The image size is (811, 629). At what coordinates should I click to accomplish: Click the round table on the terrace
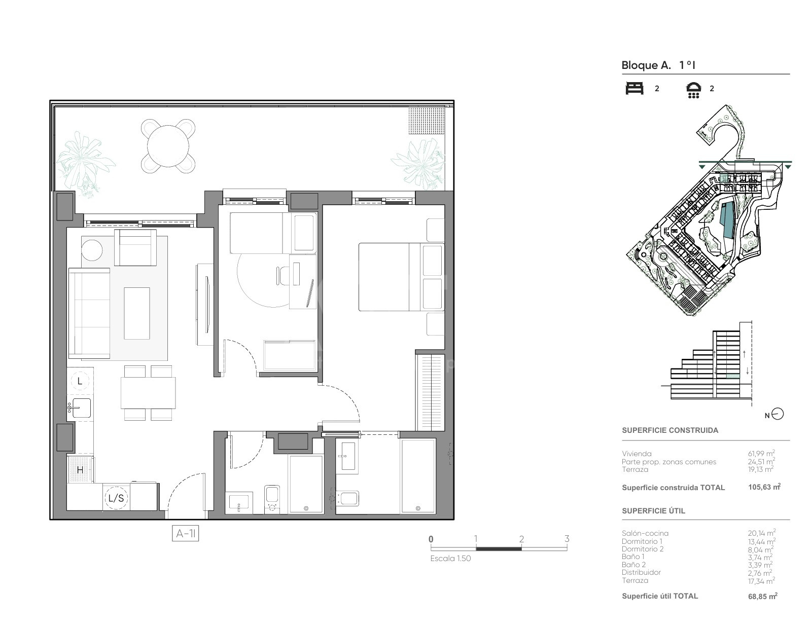pyautogui.click(x=168, y=146)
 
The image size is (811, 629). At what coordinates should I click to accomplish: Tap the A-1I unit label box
pyautogui.click(x=186, y=534)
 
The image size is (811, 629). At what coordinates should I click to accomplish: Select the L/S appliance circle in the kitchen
pyautogui.click(x=116, y=498)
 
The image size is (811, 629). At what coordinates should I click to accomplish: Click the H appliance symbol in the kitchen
pyautogui.click(x=80, y=470)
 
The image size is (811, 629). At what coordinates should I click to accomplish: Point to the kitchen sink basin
pyautogui.click(x=81, y=409)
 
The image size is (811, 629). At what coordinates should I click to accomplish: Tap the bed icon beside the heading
pyautogui.click(x=634, y=89)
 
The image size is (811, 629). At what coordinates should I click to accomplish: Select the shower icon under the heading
pyautogui.click(x=693, y=90)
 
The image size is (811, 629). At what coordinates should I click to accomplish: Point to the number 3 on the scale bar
pyautogui.click(x=567, y=539)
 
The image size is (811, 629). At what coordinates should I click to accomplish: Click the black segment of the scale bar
pyautogui.click(x=499, y=548)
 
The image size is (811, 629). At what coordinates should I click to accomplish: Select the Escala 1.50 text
pyautogui.click(x=450, y=559)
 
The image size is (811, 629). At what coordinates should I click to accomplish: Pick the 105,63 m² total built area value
pyautogui.click(x=764, y=487)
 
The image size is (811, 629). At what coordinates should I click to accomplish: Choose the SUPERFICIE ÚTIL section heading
pyautogui.click(x=653, y=511)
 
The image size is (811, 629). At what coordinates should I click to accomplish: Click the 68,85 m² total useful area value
pyautogui.click(x=763, y=596)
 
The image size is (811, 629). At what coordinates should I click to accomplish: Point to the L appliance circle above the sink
pyautogui.click(x=80, y=381)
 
